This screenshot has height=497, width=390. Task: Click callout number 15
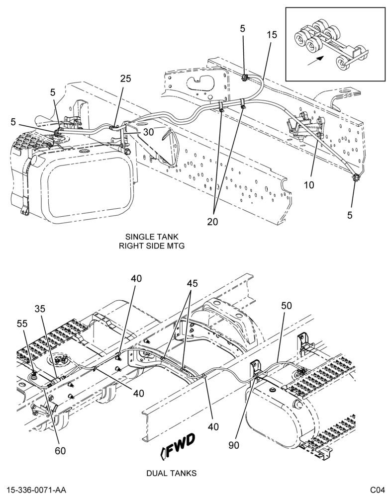272,35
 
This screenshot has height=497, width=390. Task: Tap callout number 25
126,79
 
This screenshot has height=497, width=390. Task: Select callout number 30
148,132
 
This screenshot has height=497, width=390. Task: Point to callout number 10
309,184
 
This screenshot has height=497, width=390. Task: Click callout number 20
212,222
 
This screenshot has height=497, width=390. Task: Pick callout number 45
192,283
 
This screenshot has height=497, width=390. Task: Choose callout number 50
286,306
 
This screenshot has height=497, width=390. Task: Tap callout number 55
22,324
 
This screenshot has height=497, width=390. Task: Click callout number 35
40,309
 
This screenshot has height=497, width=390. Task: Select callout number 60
60,450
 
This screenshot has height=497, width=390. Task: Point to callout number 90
234,445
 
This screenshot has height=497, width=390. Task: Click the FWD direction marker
178,446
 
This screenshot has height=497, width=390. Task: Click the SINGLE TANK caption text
152,237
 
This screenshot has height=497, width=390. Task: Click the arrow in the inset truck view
315,61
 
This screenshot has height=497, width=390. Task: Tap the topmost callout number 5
242,29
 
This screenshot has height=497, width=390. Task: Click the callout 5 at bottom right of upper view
350,215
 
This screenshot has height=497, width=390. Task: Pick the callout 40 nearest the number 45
136,279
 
